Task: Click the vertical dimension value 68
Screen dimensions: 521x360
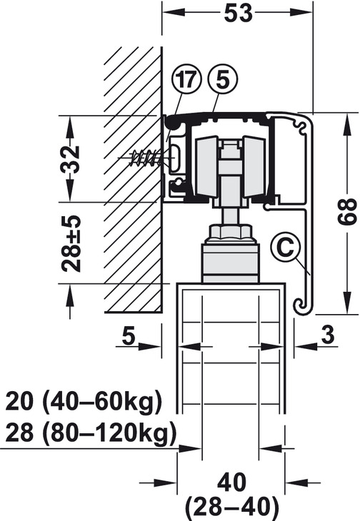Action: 347,212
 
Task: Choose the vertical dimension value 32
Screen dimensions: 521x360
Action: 69,158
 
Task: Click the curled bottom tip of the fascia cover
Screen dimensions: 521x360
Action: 301,306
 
